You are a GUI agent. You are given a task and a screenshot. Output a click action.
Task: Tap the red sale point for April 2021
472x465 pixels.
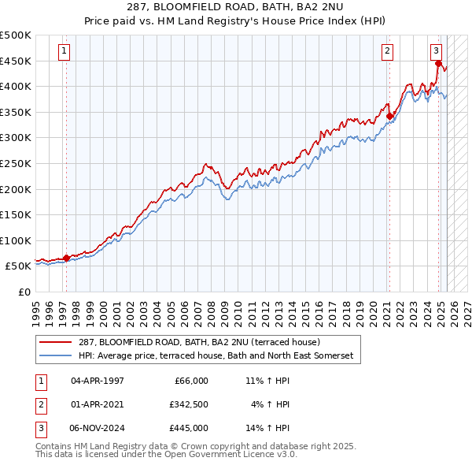pos(389,116)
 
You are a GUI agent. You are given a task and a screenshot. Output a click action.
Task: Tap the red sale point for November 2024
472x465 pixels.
pos(438,64)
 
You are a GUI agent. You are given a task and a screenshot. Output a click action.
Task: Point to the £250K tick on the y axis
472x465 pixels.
pos(17,163)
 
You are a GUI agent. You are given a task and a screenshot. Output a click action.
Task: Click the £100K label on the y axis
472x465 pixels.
pos(17,240)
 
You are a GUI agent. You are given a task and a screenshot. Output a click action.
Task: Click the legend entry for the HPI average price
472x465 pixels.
pos(216,356)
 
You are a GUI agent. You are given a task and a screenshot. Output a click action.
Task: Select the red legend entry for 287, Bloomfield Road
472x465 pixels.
pos(198,343)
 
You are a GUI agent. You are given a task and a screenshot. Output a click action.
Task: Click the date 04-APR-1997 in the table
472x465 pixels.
pos(98,381)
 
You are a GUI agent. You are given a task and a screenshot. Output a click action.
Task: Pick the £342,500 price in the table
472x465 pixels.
pos(188,404)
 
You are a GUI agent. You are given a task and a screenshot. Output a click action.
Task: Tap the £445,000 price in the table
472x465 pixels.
pos(188,428)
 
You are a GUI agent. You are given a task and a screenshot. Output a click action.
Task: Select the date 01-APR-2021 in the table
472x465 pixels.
pos(98,404)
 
